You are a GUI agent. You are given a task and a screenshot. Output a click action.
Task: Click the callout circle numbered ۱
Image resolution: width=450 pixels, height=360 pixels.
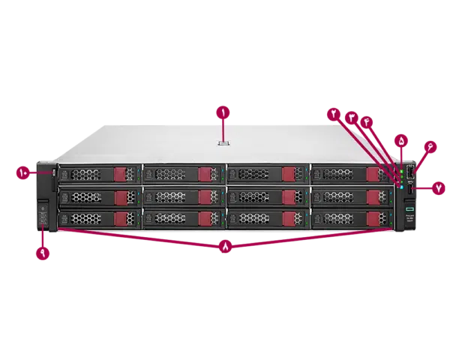[x=223, y=113]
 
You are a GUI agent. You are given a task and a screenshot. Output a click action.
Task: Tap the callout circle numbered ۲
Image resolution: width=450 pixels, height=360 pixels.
[x=333, y=112]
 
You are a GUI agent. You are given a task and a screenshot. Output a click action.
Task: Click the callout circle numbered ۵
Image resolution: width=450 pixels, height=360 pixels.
[x=401, y=139]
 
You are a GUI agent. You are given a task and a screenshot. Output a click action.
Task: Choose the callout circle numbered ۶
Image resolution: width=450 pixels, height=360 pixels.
[x=430, y=148]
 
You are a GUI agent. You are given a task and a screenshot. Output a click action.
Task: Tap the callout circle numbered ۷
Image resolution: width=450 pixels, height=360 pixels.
[x=439, y=189]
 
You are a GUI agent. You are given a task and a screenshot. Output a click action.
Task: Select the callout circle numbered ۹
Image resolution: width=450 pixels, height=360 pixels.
[x=42, y=253]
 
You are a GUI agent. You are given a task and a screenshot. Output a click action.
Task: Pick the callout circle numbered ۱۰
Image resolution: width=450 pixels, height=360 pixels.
[x=22, y=172]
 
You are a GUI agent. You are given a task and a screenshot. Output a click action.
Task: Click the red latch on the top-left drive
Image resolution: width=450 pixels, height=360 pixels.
[x=120, y=175]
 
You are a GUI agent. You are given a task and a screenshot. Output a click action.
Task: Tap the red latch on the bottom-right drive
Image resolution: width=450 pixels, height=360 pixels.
[x=372, y=218]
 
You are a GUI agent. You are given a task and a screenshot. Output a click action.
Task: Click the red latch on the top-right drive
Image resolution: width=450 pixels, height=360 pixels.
[x=373, y=175]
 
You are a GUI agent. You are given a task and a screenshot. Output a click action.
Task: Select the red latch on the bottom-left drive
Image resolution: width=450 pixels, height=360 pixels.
[x=120, y=218]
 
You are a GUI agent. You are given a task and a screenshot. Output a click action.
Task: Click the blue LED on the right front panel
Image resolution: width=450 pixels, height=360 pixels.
[x=402, y=187]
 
